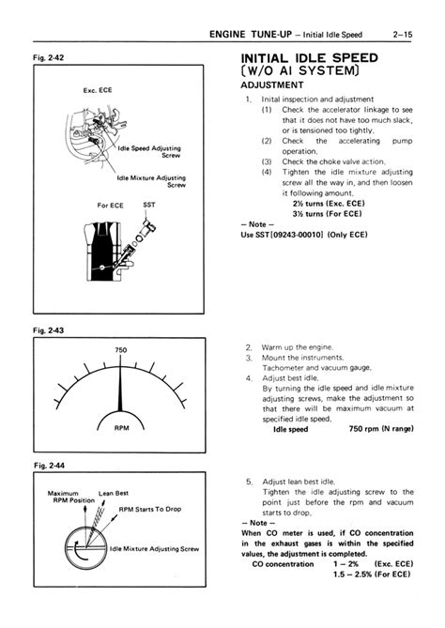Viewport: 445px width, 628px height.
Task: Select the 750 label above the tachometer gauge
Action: (x=120, y=350)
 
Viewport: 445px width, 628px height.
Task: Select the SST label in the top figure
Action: (x=149, y=204)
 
